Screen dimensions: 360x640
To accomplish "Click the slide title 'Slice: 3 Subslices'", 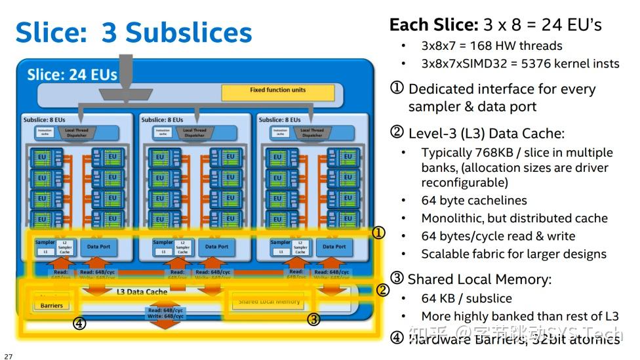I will point(134,32).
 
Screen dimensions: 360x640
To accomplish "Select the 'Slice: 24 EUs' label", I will point(71,75).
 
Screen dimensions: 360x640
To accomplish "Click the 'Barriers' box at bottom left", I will point(52,305).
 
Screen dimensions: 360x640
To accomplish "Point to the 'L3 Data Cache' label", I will point(142,291).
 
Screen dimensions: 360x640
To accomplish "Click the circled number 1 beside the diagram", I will point(378,233).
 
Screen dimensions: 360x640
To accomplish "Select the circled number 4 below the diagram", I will point(79,323).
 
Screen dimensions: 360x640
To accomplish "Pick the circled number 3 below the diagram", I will point(314,319).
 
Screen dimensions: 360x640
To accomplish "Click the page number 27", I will point(8,356).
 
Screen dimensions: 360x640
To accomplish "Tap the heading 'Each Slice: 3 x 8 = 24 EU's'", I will point(495,25).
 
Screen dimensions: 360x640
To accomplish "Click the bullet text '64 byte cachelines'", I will point(473,201).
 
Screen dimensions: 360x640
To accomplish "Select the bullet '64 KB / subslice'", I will point(466,298).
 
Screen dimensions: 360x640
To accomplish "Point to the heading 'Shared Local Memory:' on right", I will point(479,279).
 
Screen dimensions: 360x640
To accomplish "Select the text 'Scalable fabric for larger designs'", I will point(513,254).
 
